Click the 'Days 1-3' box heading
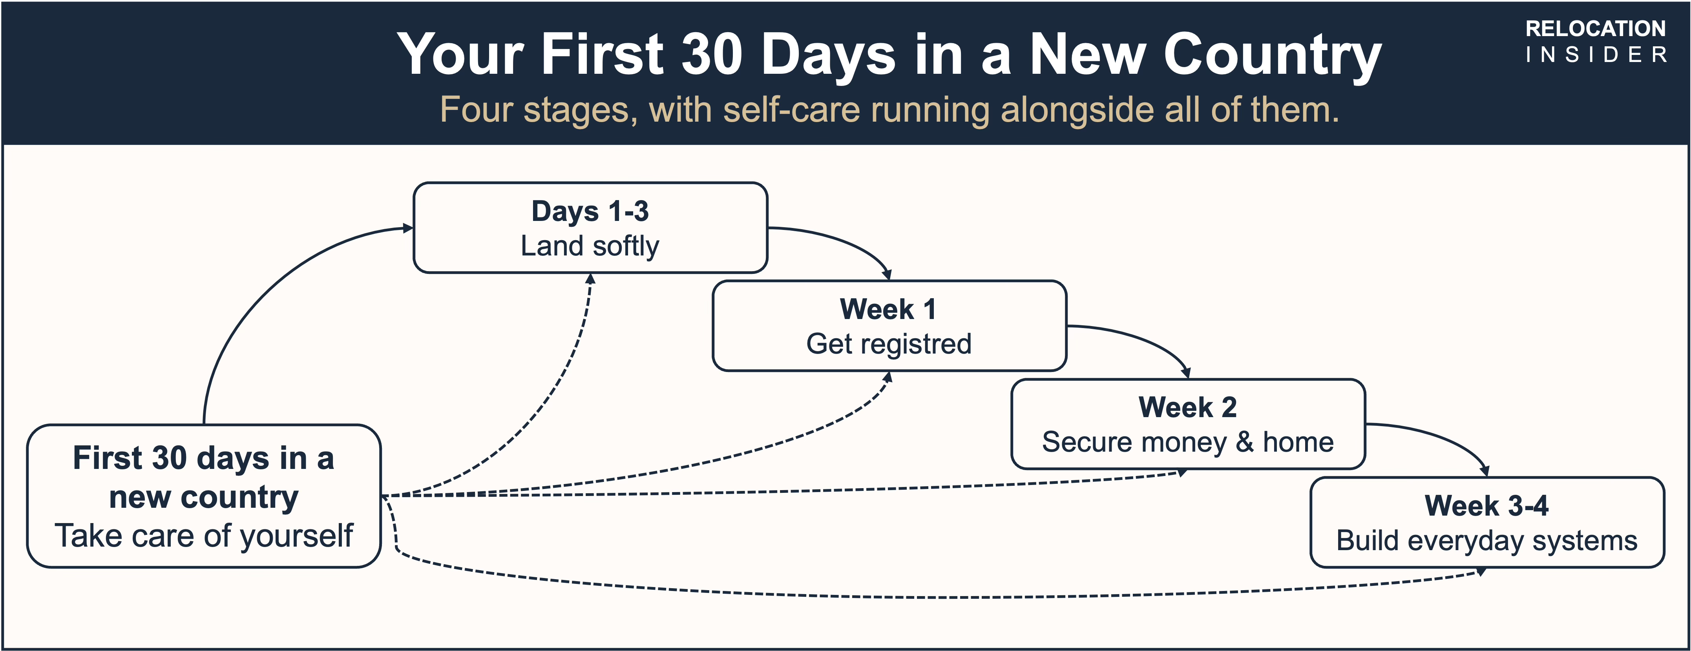(590, 212)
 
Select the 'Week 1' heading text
(889, 309)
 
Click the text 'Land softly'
(590, 246)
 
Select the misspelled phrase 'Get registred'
(889, 344)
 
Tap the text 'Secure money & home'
(1187, 442)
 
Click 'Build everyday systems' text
(1487, 541)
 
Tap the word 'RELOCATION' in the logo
(1595, 29)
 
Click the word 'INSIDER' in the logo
(1596, 55)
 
